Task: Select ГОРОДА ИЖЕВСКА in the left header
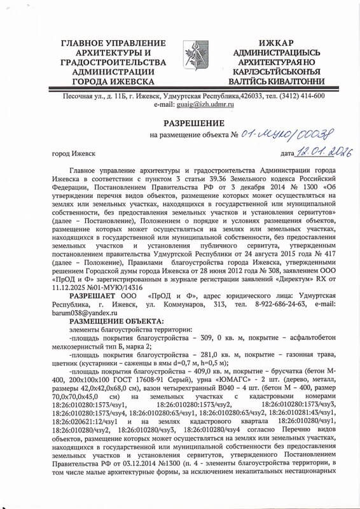(113, 82)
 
